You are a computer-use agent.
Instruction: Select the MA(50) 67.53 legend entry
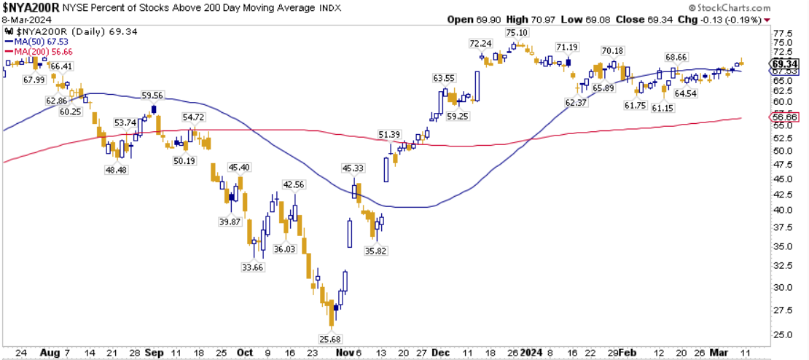point(34,42)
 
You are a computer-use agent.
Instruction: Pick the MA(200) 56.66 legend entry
point(35,51)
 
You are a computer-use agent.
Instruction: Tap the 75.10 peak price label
point(516,34)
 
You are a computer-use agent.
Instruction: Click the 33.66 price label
point(253,267)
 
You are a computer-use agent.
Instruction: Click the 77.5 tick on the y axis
point(783,34)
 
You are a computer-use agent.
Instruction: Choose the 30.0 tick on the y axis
point(783,286)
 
